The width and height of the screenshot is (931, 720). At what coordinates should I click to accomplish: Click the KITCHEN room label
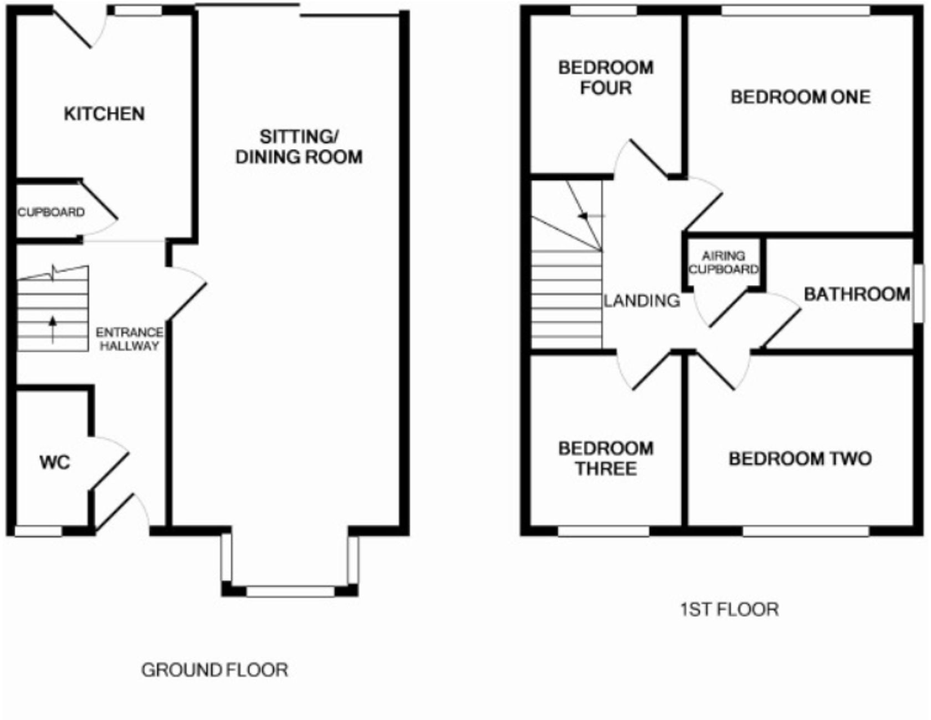(104, 114)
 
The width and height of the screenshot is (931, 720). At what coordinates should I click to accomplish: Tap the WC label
(54, 462)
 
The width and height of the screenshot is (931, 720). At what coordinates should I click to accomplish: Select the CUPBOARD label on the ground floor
(51, 212)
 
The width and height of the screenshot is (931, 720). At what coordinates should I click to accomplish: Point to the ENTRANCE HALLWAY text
(129, 339)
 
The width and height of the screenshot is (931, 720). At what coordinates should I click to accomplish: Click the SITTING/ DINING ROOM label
(299, 147)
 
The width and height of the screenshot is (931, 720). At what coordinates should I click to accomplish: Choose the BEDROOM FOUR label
(606, 78)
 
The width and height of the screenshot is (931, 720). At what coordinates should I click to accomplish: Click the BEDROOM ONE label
(800, 97)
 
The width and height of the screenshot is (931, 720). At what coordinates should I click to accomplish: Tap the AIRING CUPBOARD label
(723, 262)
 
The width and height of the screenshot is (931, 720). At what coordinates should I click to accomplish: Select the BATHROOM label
(857, 294)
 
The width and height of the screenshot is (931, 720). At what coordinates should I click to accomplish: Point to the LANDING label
(642, 301)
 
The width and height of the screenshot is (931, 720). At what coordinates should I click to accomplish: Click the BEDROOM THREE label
(606, 458)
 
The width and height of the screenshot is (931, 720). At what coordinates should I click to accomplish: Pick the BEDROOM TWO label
(800, 459)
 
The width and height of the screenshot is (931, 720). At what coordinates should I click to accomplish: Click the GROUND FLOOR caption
(214, 670)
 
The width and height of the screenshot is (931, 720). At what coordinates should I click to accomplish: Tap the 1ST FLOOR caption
(729, 610)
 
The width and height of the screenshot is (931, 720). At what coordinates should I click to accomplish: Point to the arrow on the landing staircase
(585, 216)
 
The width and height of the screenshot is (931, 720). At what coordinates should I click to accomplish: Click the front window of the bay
(290, 591)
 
